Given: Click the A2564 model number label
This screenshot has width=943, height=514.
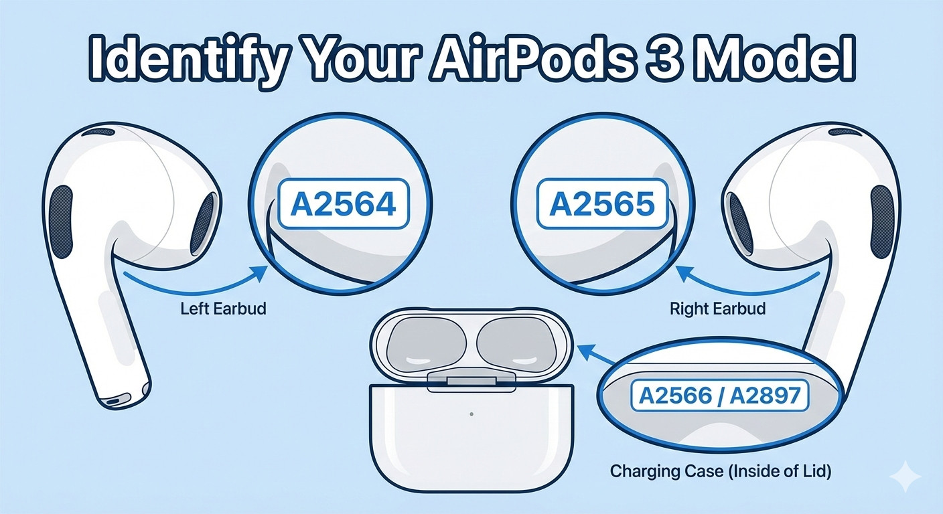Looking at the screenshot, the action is (344, 204).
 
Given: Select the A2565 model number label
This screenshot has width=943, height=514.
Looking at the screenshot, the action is (602, 204).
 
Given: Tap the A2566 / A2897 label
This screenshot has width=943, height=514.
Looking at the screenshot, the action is (719, 396).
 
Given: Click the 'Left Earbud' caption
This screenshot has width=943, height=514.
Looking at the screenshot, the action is (223, 309).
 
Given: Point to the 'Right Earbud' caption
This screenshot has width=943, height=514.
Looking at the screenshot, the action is (717, 309).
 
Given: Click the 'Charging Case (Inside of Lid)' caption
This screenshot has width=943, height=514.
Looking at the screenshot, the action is (720, 471).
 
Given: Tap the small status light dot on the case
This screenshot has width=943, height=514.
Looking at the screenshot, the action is (472, 414).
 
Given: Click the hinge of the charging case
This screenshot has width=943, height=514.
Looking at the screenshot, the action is (471, 381).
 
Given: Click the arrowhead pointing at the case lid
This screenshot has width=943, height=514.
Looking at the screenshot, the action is (585, 351).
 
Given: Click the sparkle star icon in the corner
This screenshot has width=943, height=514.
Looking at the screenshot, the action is (905, 476).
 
